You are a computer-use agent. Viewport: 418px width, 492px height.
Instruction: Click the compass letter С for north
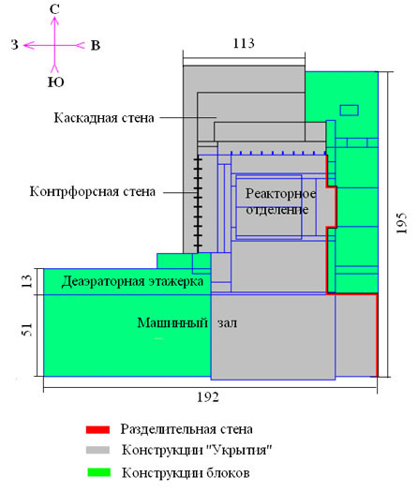coord(54,9)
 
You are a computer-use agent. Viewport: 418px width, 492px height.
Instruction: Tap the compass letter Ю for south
coord(56,82)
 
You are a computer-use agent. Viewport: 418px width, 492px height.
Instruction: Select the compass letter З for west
coord(15,45)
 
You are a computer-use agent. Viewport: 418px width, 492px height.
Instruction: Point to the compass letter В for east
coord(96,46)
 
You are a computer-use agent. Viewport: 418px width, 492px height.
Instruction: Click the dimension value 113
coord(244,43)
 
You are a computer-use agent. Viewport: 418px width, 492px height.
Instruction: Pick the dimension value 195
coord(402,223)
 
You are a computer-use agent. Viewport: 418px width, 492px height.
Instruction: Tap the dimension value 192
coord(208,397)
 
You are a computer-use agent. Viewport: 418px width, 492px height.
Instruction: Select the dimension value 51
coord(27,330)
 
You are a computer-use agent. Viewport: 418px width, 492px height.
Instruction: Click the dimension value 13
coord(27,281)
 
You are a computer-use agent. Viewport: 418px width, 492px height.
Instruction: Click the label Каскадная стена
coord(104,118)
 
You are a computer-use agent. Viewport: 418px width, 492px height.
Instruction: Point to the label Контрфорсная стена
coord(93,191)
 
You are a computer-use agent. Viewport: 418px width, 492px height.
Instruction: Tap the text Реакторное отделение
coord(280,201)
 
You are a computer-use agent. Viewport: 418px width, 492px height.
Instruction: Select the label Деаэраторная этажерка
coord(132,281)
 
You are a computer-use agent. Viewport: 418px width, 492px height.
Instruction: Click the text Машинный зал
coord(187,322)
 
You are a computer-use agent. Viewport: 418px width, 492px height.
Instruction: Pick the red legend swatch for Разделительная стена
coord(97,429)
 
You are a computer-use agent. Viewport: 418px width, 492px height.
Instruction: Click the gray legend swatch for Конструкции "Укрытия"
coord(97,450)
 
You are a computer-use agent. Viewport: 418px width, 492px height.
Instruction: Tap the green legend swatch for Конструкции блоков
coord(98,472)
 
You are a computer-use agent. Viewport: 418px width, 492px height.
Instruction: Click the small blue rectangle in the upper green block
coord(350,111)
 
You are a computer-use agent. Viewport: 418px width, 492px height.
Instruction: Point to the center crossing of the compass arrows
coord(55,46)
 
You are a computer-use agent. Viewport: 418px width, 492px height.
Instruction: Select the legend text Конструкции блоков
coord(186,472)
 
